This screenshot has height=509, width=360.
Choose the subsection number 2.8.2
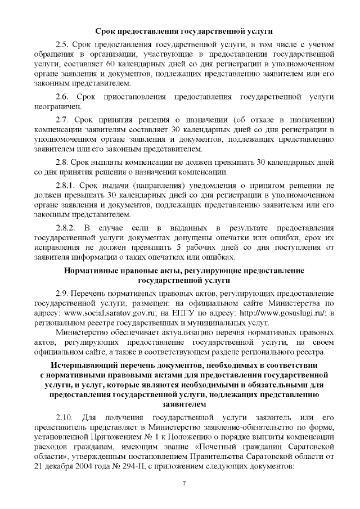click(66, 228)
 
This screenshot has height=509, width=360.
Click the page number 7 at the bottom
click(184, 485)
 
